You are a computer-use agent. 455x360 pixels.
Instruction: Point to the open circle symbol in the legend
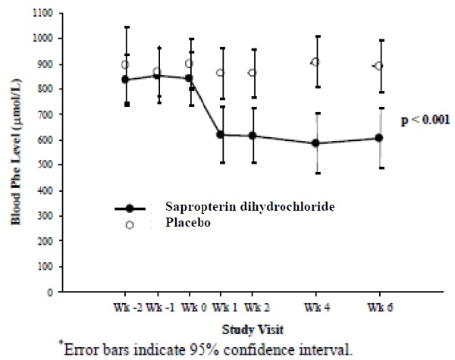point(130,225)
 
